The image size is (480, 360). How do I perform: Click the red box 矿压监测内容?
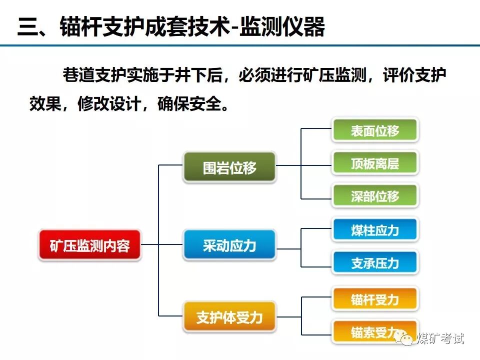pyautogui.click(x=90, y=245)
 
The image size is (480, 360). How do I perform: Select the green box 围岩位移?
pyautogui.click(x=229, y=167)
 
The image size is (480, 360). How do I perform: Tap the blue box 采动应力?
pyautogui.click(x=229, y=245)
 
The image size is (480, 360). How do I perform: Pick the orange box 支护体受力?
pyautogui.click(x=229, y=317)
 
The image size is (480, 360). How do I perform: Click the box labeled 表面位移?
pyautogui.click(x=375, y=130)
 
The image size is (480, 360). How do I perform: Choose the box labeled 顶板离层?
pyautogui.click(x=375, y=163)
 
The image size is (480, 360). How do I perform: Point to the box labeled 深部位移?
pyautogui.click(x=375, y=196)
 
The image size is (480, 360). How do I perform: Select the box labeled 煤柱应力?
pyautogui.click(x=375, y=230)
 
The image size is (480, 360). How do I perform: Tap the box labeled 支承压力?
pyautogui.click(x=375, y=262)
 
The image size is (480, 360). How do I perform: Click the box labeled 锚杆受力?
pyautogui.click(x=375, y=299)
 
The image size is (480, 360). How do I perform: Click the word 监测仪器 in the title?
pyautogui.click(x=282, y=27)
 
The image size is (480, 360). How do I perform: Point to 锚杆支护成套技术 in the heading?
pyautogui.click(x=145, y=27)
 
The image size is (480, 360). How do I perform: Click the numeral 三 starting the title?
pyautogui.click(x=27, y=27)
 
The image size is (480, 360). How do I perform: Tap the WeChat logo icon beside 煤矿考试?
pyautogui.click(x=405, y=338)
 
